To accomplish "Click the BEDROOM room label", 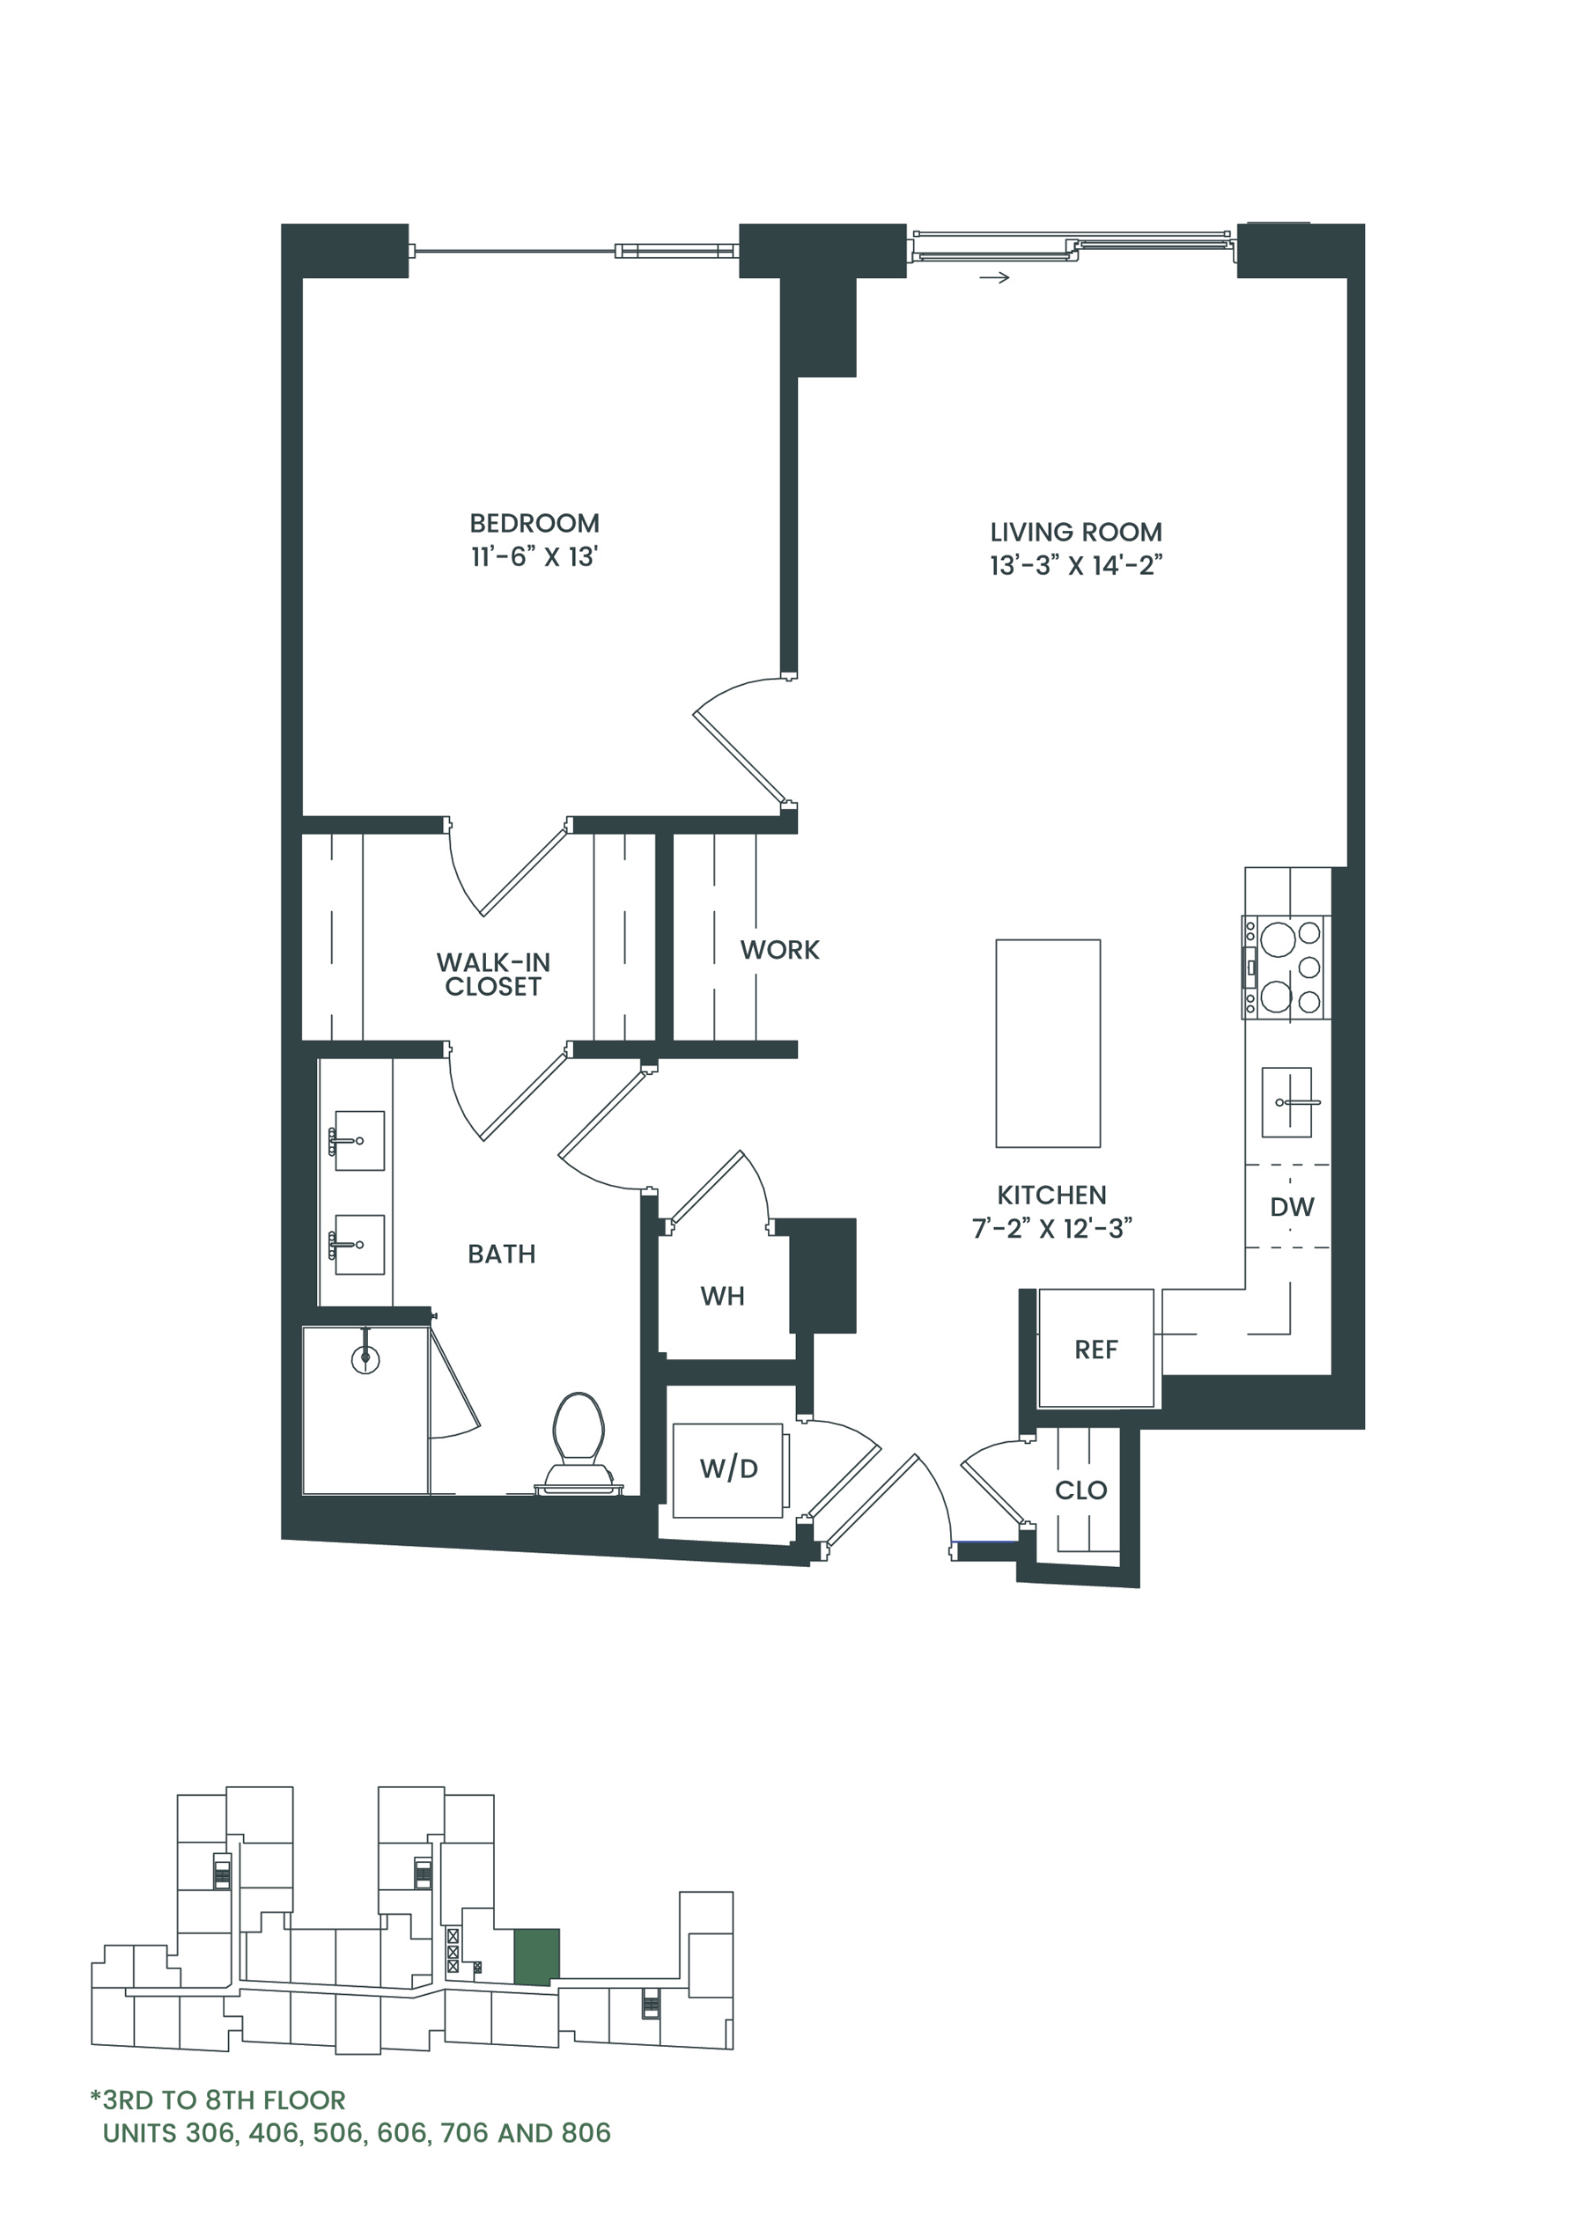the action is click(x=534, y=523).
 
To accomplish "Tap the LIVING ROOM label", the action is click(x=1075, y=532).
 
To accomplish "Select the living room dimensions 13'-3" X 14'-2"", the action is click(x=1075, y=566).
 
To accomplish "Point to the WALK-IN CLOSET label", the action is click(x=493, y=974).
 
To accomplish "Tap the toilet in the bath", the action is click(x=579, y=1443).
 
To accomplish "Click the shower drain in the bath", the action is click(x=365, y=1358).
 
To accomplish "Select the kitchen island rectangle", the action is click(x=1047, y=1043).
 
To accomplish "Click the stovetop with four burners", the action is click(x=1286, y=967).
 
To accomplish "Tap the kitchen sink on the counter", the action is click(x=1286, y=1101).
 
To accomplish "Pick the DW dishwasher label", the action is click(x=1291, y=1207).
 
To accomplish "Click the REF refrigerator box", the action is click(x=1095, y=1349).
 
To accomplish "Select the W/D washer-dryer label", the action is click(x=728, y=1468).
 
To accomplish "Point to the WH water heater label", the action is click(x=722, y=1296).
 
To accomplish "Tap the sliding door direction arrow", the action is click(x=993, y=278).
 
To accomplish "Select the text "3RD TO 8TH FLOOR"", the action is click(x=224, y=2100).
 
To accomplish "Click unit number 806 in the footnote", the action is click(x=586, y=2133).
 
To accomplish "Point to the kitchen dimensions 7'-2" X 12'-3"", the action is click(x=1051, y=1228).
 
